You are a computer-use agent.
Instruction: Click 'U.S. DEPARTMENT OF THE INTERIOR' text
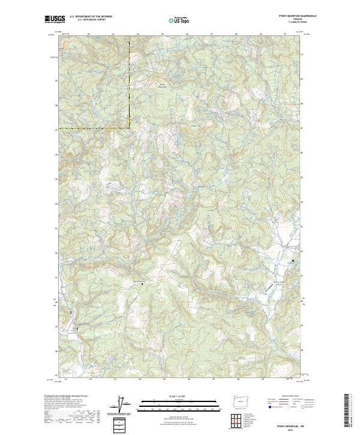[x=91, y=17]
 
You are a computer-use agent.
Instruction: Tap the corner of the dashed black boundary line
[x=130, y=127]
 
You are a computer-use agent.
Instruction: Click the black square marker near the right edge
[x=293, y=261]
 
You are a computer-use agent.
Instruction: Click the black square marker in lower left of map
[x=77, y=329]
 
